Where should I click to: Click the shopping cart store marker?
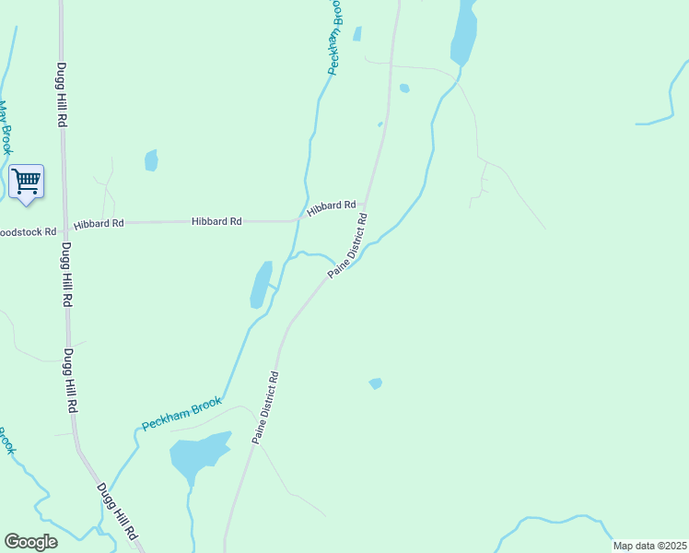click(26, 182)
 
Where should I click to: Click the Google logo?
click(31, 542)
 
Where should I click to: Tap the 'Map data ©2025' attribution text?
click(649, 546)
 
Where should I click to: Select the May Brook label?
click(6, 128)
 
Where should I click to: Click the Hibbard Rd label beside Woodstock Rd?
click(99, 224)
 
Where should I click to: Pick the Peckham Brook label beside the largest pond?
click(181, 414)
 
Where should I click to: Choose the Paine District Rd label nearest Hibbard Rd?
click(350, 245)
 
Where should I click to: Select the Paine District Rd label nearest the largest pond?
click(265, 408)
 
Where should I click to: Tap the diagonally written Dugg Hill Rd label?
click(117, 512)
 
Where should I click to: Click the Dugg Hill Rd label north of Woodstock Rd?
click(62, 96)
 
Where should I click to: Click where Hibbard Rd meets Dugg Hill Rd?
click(64, 223)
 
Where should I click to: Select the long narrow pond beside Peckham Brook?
click(262, 284)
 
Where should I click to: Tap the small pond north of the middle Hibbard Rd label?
click(151, 160)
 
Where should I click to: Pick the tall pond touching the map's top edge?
click(463, 32)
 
